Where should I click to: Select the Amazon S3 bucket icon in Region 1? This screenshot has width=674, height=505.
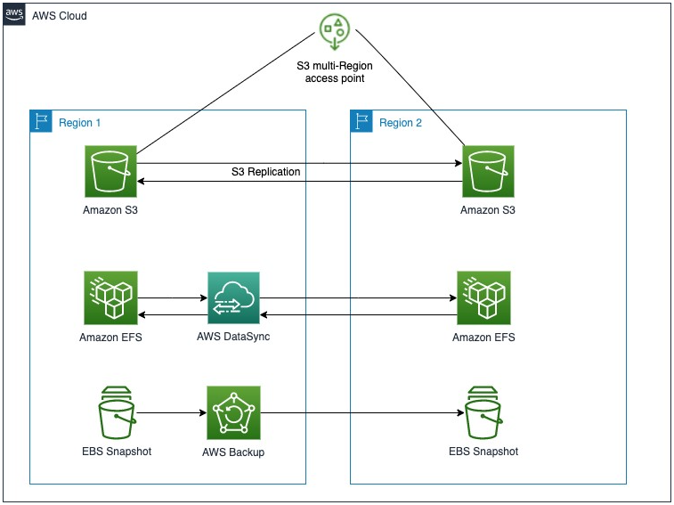(x=110, y=171)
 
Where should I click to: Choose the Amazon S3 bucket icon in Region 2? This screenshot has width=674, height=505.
(x=487, y=171)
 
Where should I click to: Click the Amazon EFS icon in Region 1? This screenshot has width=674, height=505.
(x=110, y=298)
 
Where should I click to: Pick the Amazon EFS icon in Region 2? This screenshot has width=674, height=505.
(x=483, y=298)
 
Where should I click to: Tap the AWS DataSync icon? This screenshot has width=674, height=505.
(x=233, y=298)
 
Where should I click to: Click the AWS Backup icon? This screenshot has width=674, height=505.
(x=233, y=412)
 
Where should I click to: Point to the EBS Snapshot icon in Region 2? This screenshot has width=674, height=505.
(x=483, y=411)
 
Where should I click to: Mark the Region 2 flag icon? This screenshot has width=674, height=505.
(x=361, y=122)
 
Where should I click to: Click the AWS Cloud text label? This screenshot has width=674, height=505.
(x=60, y=16)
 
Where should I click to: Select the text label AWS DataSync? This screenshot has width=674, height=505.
(x=233, y=338)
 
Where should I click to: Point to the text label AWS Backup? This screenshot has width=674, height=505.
(x=233, y=452)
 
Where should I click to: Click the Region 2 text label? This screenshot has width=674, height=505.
(x=401, y=123)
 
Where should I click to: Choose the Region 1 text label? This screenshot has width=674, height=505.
(x=80, y=123)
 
